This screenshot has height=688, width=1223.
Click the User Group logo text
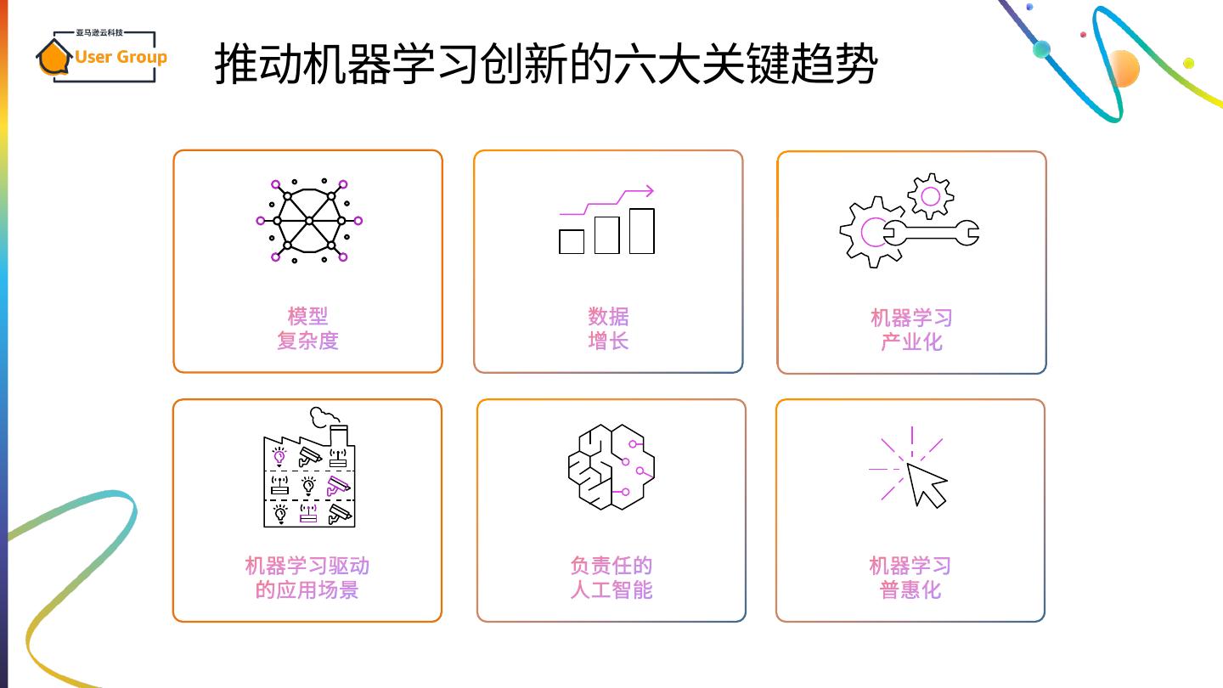pos(121,57)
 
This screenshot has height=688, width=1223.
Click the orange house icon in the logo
pos(53,58)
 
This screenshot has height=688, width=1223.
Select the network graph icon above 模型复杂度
pos(309,221)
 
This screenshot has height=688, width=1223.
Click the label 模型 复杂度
pos(307,329)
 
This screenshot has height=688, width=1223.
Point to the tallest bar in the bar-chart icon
pos(642,231)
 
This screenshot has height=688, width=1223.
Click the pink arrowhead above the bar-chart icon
pos(648,191)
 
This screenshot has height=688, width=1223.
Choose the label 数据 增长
pos(608,329)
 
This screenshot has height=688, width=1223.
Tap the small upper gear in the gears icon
pos(930,196)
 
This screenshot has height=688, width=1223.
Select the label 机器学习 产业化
pos(911,330)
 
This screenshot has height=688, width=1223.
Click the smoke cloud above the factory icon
pos(323,416)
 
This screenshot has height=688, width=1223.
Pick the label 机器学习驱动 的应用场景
pos(307,578)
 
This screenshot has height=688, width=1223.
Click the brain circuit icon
pos(611,466)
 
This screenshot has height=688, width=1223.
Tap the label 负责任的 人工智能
pos(611,578)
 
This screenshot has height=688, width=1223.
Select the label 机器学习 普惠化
pos(910,578)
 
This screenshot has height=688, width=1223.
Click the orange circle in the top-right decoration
pos(1123,68)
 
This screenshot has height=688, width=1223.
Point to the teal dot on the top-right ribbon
pos(1042,49)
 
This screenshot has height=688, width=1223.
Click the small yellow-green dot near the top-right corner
pos(1188,63)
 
